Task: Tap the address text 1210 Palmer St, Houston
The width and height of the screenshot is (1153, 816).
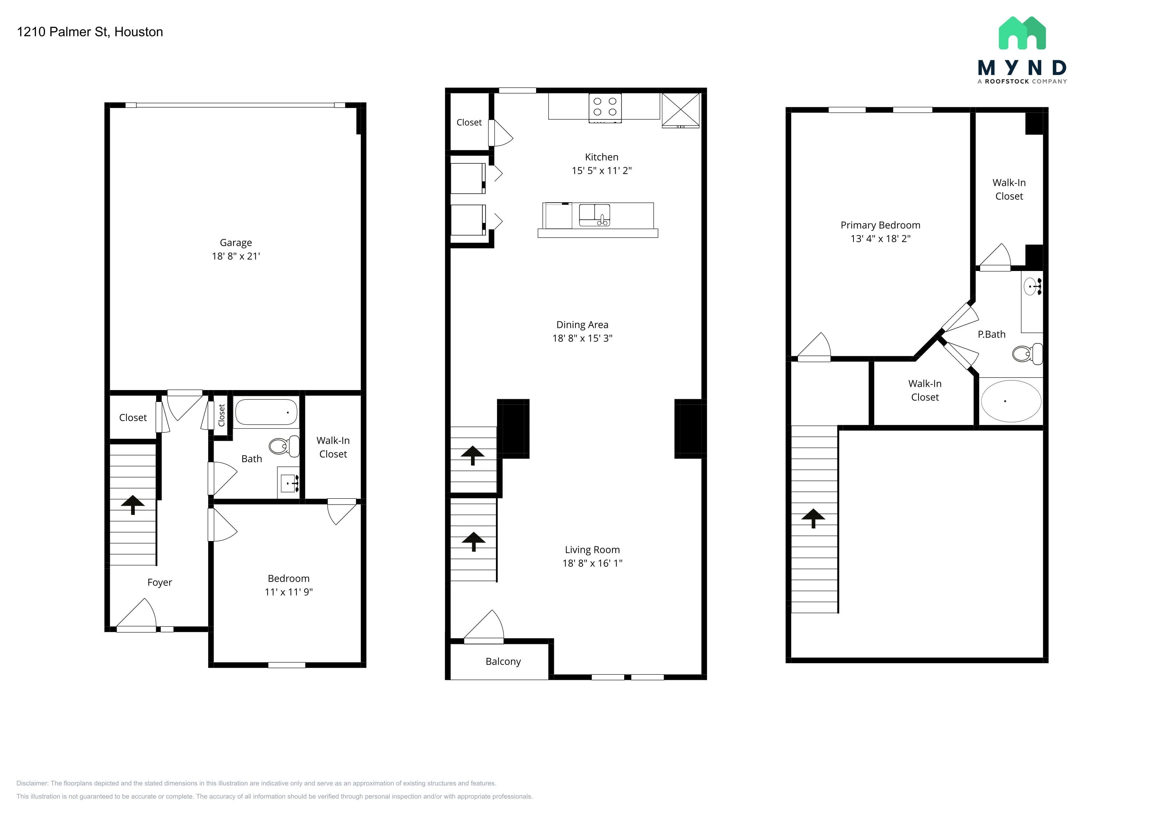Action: coord(90,32)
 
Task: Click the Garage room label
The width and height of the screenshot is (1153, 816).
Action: coord(236,243)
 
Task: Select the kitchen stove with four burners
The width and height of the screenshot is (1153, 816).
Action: coord(605,108)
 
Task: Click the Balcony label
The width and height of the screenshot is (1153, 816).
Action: coord(503,662)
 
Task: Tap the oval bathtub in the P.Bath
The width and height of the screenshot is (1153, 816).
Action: coord(1011,401)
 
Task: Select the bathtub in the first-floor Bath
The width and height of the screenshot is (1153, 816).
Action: coord(266,412)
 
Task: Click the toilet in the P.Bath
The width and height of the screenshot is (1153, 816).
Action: coord(1027,354)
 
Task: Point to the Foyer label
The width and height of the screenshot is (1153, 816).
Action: coord(160,582)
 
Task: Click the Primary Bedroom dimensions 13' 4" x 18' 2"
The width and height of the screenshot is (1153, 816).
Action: coord(880,239)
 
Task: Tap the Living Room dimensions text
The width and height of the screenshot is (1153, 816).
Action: coord(593,563)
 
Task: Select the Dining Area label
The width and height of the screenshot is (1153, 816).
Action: coord(582,325)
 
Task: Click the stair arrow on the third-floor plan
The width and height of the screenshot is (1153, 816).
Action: coord(813,518)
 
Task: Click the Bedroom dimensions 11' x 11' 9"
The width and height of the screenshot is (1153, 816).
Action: coord(289,592)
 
